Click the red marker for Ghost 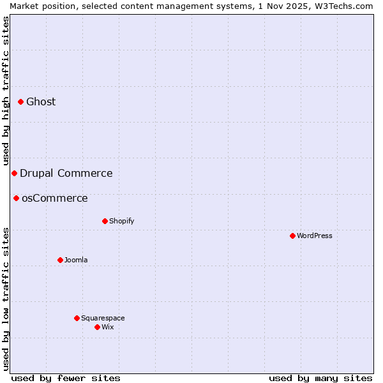pos(20,101)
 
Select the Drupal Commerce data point pos(14,173)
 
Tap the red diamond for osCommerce pos(16,198)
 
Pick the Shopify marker pos(105,221)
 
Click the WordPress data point pos(292,236)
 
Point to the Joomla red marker pos(60,260)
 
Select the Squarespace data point pos(77,318)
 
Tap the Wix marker pos(97,327)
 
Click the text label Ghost pos(41,101)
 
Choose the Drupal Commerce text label pos(66,173)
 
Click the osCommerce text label pos(55,198)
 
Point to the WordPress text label pos(315,236)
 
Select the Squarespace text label pos(103,318)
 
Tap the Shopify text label pos(121,221)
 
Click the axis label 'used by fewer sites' pos(66,378)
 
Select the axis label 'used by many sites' pos(320,378)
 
